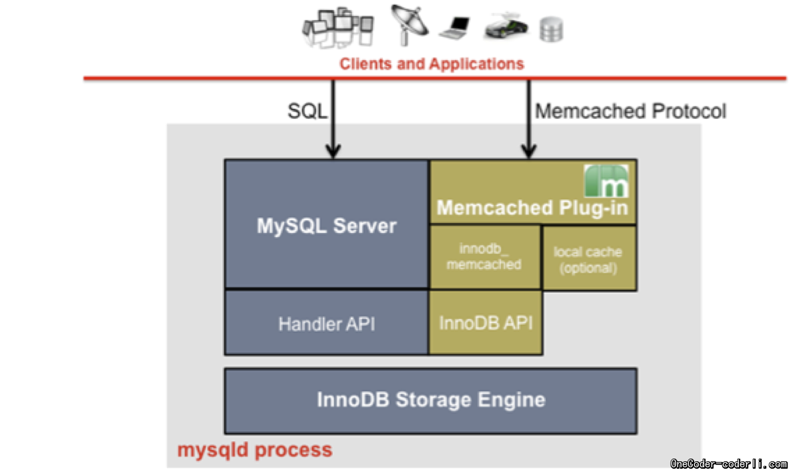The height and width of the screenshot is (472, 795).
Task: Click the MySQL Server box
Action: pyautogui.click(x=327, y=225)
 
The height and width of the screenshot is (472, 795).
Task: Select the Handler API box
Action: pyautogui.click(x=327, y=324)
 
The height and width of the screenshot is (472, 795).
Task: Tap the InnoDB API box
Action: pyautogui.click(x=486, y=323)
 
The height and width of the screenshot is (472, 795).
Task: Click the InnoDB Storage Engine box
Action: pyautogui.click(x=431, y=400)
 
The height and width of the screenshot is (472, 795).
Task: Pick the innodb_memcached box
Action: pyautogui.click(x=484, y=256)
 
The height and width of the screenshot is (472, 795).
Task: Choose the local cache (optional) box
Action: pyautogui.click(x=588, y=260)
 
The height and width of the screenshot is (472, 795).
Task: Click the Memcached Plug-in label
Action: pyautogui.click(x=532, y=208)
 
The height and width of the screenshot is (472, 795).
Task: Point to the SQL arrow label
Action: pyautogui.click(x=307, y=111)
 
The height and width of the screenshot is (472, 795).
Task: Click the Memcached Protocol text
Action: pyautogui.click(x=630, y=111)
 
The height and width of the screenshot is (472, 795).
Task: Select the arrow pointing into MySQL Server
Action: pyautogui.click(x=332, y=120)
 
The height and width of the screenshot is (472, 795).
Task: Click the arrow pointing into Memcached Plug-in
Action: pyautogui.click(x=528, y=120)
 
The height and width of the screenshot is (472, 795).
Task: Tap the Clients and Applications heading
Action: pyautogui.click(x=432, y=64)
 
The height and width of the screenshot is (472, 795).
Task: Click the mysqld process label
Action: pyautogui.click(x=255, y=449)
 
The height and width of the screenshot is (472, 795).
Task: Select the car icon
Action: pyautogui.click(x=506, y=27)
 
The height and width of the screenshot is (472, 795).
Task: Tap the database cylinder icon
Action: pyautogui.click(x=552, y=29)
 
